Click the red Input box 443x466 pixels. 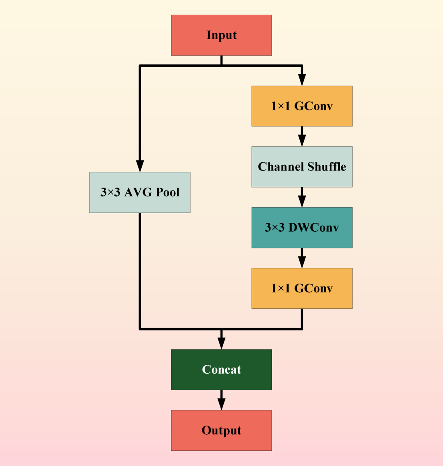pyautogui.click(x=221, y=35)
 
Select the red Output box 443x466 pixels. pyautogui.click(x=221, y=430)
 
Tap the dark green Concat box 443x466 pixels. pyautogui.click(x=221, y=370)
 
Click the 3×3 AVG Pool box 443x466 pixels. pyautogui.click(x=140, y=192)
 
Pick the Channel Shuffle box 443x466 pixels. pyautogui.click(x=302, y=167)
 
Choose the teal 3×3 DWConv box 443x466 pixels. pyautogui.click(x=302, y=228)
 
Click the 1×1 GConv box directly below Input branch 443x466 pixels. pyautogui.click(x=302, y=106)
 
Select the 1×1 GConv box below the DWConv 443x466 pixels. pyautogui.click(x=302, y=288)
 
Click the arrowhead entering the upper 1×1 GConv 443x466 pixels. pyautogui.click(x=302, y=80)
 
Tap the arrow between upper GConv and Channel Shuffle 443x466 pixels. pyautogui.click(x=302, y=137)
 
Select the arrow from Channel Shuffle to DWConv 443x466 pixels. pyautogui.click(x=302, y=198)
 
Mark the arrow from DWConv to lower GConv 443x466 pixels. pyautogui.click(x=302, y=258)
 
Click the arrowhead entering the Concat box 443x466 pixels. pyautogui.click(x=221, y=343)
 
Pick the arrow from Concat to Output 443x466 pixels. pyautogui.click(x=221, y=400)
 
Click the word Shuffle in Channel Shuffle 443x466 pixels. pyautogui.click(x=327, y=167)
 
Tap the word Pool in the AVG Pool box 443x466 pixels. pyautogui.click(x=167, y=192)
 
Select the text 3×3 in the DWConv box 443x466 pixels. pyautogui.click(x=275, y=228)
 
